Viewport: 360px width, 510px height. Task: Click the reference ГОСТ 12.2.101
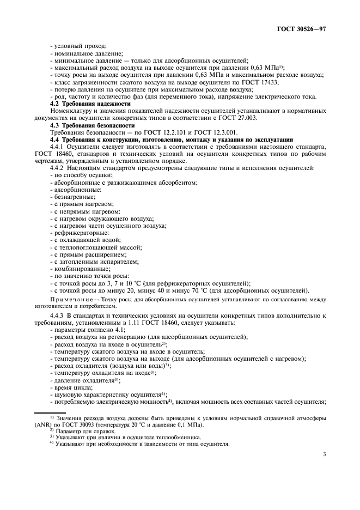[145, 132]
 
